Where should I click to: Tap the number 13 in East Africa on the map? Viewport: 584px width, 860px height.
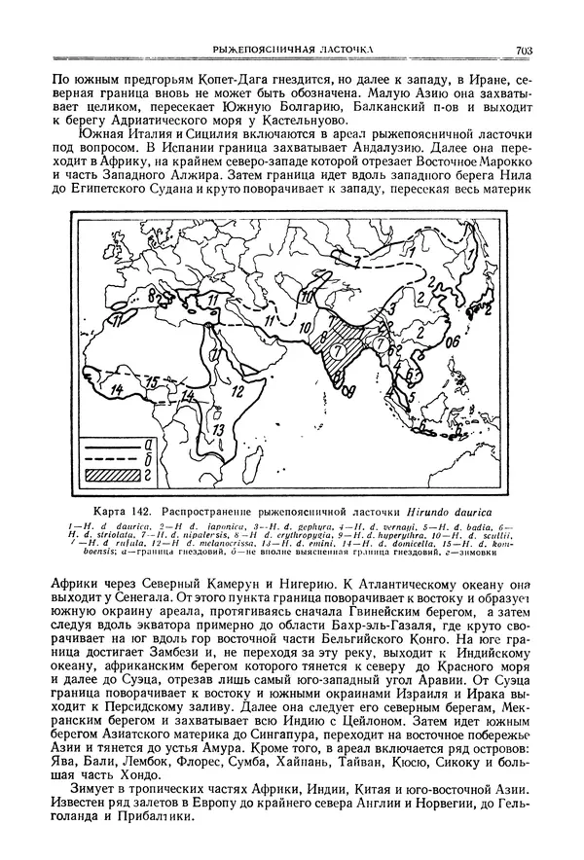tap(219, 428)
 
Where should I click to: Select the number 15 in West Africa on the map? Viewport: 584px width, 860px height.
tap(152, 380)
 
